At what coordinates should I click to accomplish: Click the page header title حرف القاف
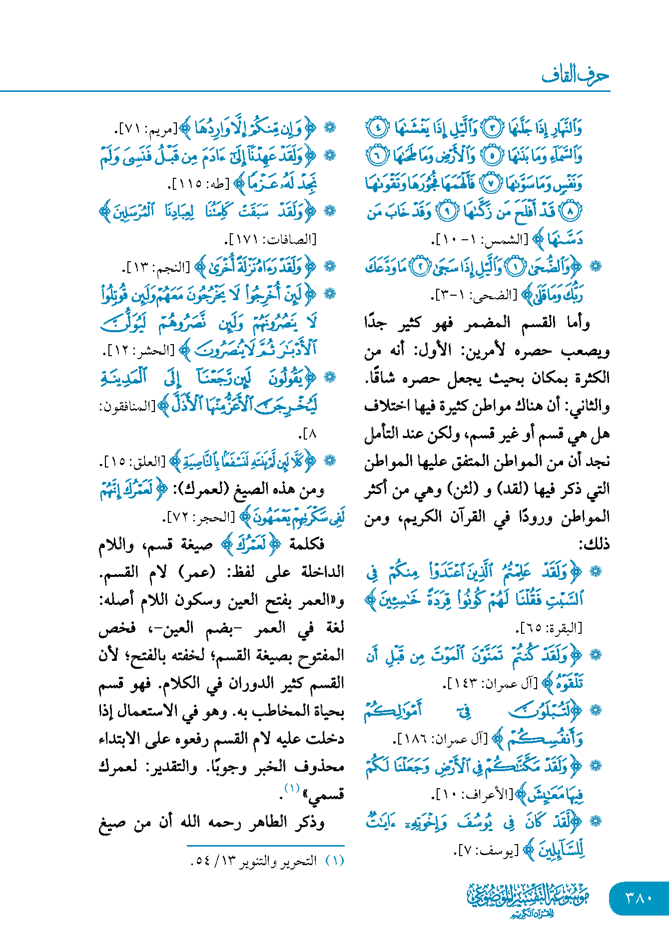(575, 75)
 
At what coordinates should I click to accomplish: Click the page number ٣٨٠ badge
(639, 898)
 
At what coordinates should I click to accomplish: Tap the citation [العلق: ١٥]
(134, 462)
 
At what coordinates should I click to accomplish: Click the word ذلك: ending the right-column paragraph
(595, 544)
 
